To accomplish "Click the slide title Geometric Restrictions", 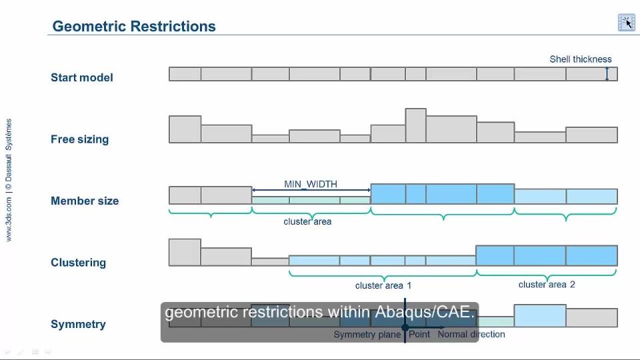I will tap(134, 27).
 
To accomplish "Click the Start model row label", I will tap(82, 77).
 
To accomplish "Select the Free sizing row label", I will tap(79, 139).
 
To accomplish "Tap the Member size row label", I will tap(85, 201).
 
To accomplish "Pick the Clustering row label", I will tap(78, 263).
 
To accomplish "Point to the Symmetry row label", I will tap(78, 325).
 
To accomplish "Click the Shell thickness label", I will tap(580, 59).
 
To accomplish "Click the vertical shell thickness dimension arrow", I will tap(607, 74).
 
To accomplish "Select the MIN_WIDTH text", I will tap(311, 184).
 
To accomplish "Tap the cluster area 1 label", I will tap(383, 285).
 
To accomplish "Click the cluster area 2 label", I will tap(547, 285).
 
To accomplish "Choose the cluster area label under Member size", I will tap(307, 221).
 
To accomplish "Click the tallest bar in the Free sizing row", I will tap(415, 125).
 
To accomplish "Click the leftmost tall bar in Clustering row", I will tap(185, 253).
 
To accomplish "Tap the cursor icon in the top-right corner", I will tap(626, 23).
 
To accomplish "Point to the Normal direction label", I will tap(471, 335).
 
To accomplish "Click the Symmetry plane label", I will tap(366, 335).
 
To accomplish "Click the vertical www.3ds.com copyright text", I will tap(9, 180).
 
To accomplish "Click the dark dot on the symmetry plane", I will tap(405, 328).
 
